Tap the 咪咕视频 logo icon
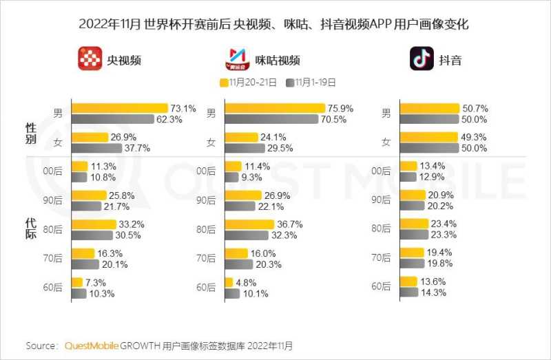pos(238,59)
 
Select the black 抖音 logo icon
pos(422,59)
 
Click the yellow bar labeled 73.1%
pos(120,108)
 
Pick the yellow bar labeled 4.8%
pos(229,282)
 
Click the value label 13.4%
pos(434,166)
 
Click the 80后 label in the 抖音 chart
pos(382,229)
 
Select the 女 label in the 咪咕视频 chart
pos(211,142)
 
